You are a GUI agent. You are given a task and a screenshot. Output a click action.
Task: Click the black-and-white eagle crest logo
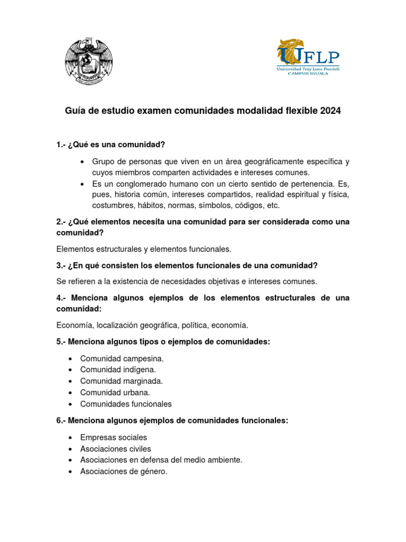coord(88,61)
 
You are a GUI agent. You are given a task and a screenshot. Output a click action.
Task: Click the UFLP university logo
coord(308,57)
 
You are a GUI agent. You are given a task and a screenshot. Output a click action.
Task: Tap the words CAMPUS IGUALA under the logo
coord(308,74)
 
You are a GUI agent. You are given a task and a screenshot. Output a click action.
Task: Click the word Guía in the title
coord(75,111)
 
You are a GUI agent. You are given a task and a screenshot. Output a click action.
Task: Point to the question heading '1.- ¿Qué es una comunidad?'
coord(110,144)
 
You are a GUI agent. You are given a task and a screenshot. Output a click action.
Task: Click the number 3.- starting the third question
coord(62,265)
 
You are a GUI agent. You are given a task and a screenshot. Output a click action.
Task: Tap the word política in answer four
coord(195,325)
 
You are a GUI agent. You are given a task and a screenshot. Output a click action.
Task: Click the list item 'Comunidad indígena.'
coord(118,370)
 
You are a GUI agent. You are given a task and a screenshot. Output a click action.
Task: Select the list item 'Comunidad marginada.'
coord(121,381)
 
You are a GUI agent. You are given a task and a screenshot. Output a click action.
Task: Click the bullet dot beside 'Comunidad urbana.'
coord(70,393)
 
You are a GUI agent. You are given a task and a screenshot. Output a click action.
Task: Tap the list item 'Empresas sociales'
coord(114,438)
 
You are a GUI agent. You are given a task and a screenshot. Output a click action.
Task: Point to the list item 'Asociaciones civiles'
coord(115,449)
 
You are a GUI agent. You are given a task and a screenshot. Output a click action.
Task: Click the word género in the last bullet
coord(153,471)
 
